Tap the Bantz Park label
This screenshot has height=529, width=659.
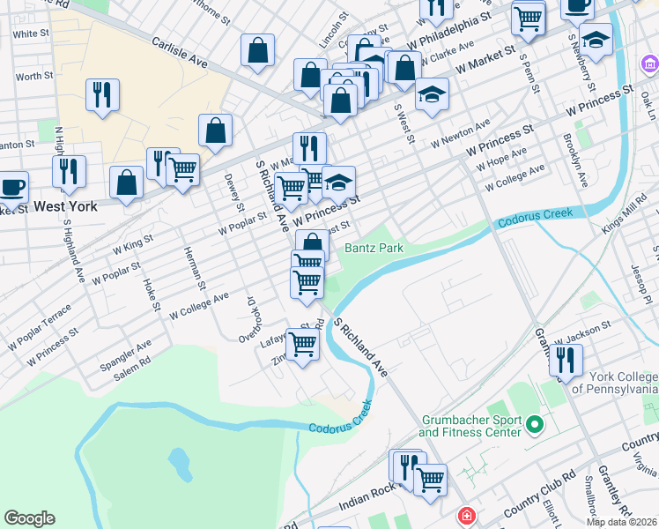pos(374,249)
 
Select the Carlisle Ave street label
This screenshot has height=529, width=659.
pos(179,52)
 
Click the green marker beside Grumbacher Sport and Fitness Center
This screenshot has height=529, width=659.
pos(533,427)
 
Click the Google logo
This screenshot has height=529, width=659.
pos(29,518)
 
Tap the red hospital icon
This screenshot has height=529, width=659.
pos(464,515)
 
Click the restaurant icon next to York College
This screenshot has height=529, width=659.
pos(565,359)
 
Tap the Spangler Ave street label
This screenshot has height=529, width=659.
pos(130,350)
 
